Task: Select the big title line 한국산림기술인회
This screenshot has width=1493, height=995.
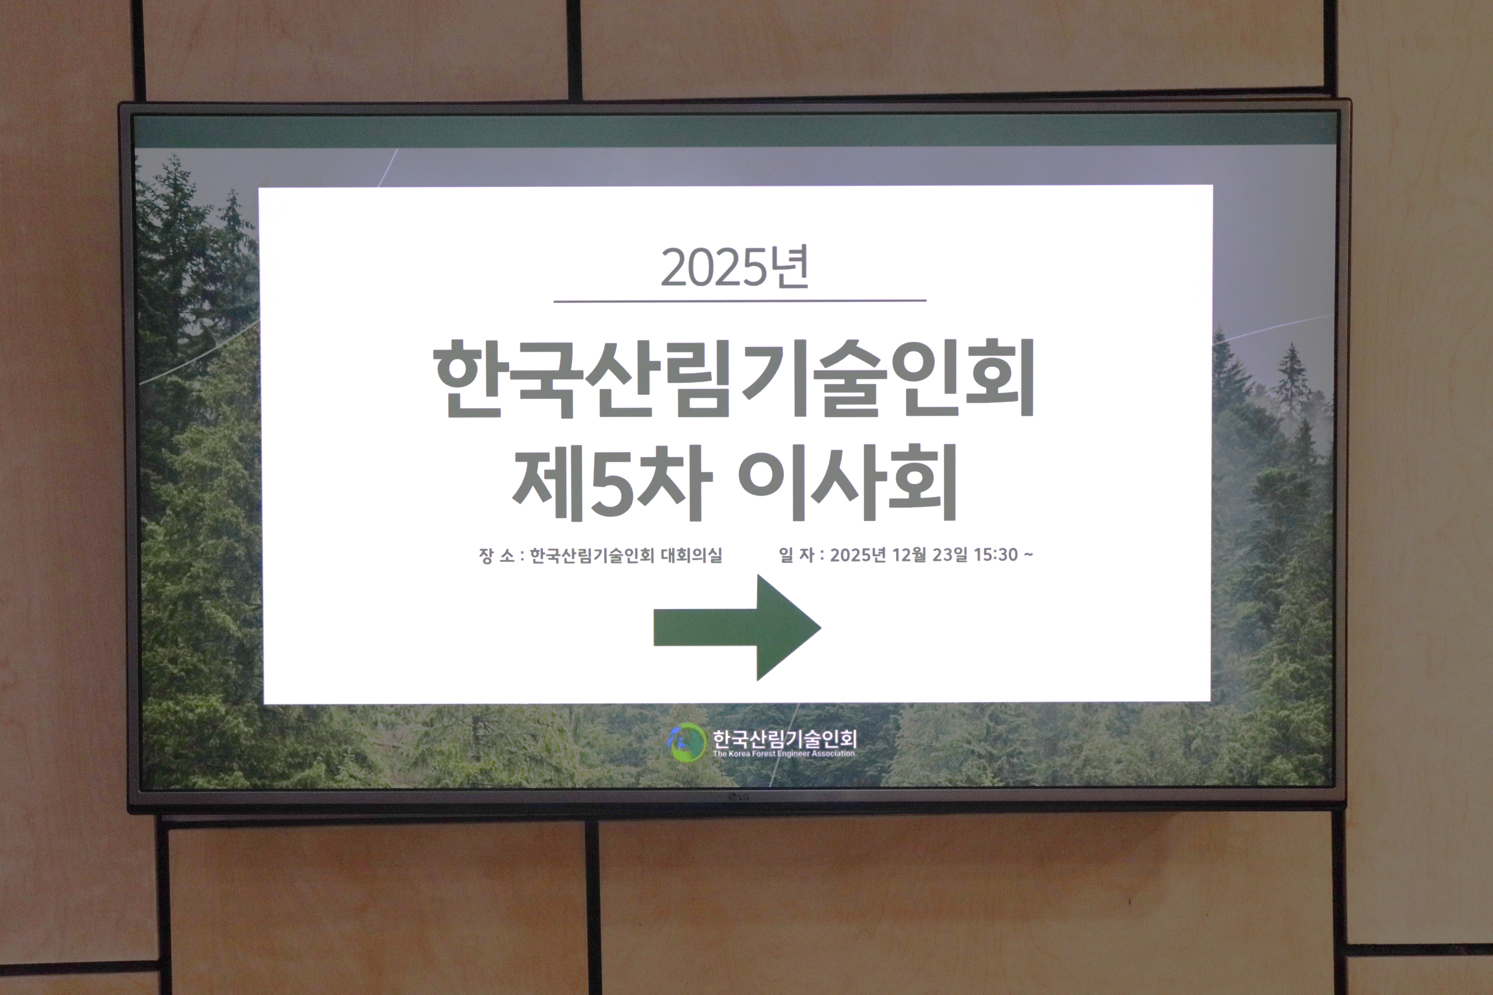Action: click(735, 379)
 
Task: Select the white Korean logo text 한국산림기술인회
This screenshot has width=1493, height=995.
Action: click(785, 738)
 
